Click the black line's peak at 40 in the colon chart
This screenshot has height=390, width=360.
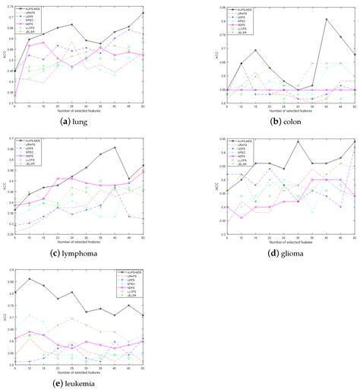point(326,19)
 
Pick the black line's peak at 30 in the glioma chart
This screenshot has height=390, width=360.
point(298,141)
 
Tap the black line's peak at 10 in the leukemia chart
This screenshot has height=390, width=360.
point(29,279)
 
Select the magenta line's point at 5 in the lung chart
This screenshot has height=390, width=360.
point(14,95)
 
